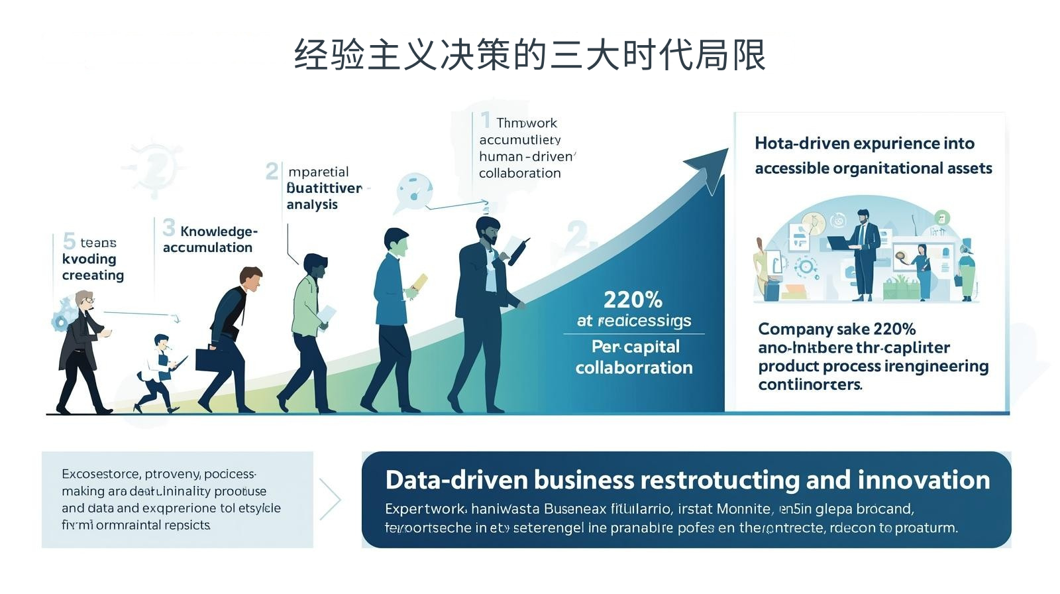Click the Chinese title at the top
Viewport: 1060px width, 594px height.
(x=530, y=54)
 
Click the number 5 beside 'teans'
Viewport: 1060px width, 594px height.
(x=69, y=241)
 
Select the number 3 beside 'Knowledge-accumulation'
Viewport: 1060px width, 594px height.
(x=169, y=228)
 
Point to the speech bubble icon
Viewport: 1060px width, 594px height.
(x=414, y=190)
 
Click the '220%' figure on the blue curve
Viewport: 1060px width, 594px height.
(x=633, y=300)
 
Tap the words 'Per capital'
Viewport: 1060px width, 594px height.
(x=635, y=347)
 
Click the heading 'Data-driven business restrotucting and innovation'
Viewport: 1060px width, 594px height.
(x=687, y=480)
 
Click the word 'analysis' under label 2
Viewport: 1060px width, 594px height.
(x=312, y=205)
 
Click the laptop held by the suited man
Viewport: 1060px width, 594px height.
(x=840, y=243)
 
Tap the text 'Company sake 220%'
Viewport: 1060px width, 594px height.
(x=837, y=329)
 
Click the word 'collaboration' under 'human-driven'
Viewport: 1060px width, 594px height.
(x=519, y=173)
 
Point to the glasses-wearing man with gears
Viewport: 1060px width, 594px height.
(x=83, y=351)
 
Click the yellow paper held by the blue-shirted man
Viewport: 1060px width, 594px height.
(x=420, y=283)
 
